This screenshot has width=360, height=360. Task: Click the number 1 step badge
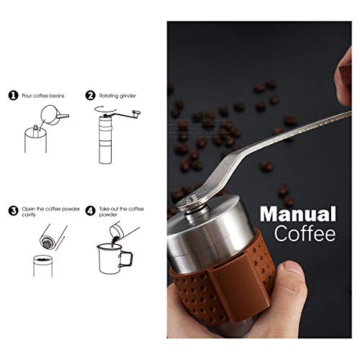pos(12,94)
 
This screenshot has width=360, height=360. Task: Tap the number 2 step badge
pos(91,94)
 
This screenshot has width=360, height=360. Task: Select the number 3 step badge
pos(12,211)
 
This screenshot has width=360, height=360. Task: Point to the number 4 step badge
pos(91,211)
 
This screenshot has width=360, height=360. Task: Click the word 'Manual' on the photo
pos(297,215)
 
